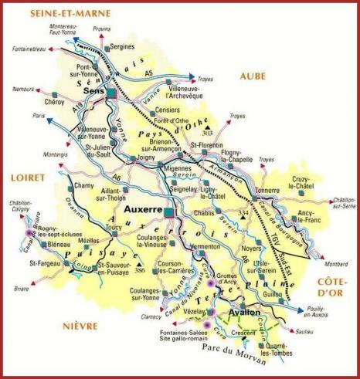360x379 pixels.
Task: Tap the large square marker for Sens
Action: pos(112,93)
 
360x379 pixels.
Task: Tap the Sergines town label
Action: pos(122,47)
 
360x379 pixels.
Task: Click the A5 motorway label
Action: pos(149,73)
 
